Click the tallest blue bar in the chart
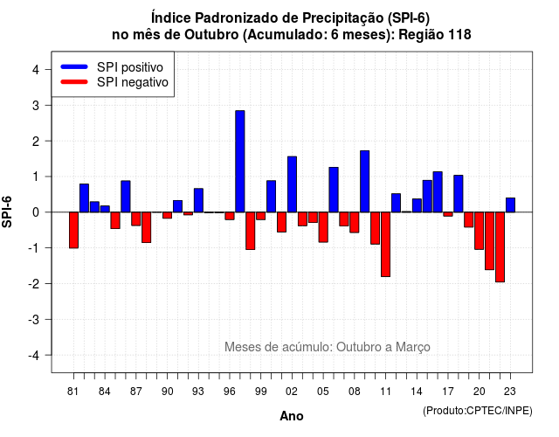[240, 161]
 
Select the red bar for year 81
[73, 230]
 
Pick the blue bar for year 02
[292, 184]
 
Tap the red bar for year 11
[385, 245]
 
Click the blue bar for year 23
[510, 205]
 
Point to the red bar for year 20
[480, 231]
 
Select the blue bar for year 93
[198, 200]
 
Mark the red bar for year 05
[323, 227]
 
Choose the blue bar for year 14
[417, 205]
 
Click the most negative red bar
[500, 246]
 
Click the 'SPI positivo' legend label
[130, 67]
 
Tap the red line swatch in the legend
[74, 82]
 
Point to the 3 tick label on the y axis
[36, 105]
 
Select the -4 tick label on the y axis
[35, 356]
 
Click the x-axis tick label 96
[230, 392]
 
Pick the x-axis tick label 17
[448, 392]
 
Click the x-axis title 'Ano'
[292, 416]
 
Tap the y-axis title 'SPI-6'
[7, 212]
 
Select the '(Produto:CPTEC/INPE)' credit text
[478, 411]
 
